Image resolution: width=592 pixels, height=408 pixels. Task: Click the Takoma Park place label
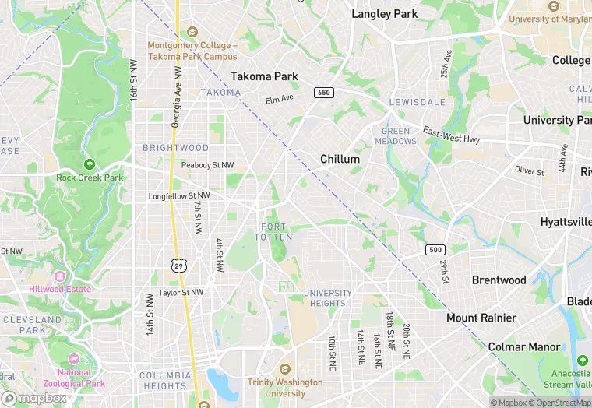click(x=264, y=76)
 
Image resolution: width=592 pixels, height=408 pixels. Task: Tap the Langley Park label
click(x=385, y=14)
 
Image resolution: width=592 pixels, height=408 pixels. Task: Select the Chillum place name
click(x=340, y=159)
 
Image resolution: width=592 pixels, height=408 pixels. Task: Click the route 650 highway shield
click(x=323, y=93)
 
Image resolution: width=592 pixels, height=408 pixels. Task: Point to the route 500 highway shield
click(x=435, y=249)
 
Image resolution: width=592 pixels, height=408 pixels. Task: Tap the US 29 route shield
click(x=179, y=266)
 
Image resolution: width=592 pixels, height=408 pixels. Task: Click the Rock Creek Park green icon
click(x=90, y=164)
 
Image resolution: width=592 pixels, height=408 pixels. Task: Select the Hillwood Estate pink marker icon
click(x=60, y=276)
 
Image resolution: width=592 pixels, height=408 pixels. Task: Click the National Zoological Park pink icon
click(x=73, y=359)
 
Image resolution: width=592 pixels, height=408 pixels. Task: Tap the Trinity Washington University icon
click(x=284, y=369)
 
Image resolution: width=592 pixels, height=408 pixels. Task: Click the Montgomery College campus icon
click(x=192, y=32)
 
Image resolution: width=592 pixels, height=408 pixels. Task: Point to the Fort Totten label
click(x=273, y=232)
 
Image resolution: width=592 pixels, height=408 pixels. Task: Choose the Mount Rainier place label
click(x=481, y=318)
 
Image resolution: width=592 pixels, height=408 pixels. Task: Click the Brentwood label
click(x=499, y=280)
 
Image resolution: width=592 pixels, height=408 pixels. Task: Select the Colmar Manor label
click(x=523, y=346)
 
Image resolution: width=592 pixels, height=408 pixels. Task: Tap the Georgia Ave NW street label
click(x=177, y=97)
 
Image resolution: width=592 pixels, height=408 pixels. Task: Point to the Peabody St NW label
click(x=207, y=165)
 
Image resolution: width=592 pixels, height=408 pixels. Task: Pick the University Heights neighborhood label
click(x=328, y=298)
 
